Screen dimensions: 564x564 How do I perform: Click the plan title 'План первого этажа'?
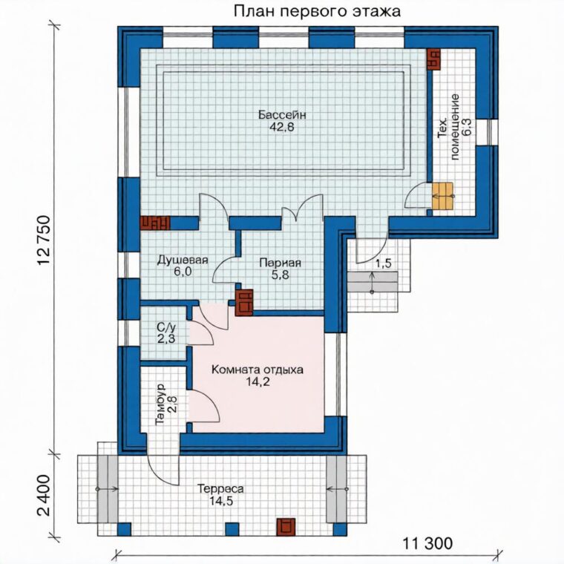[317, 12]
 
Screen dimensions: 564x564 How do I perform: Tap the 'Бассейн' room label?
[282, 115]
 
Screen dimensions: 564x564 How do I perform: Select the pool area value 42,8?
[282, 127]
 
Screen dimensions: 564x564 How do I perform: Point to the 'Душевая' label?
[183, 260]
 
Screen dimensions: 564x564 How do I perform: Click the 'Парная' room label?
[281, 263]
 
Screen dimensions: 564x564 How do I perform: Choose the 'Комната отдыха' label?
[258, 370]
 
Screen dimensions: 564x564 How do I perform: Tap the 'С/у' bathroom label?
[165, 327]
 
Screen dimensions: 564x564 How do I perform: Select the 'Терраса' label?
[220, 489]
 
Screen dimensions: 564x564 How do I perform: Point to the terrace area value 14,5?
[221, 501]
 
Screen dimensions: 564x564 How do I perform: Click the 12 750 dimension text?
[45, 240]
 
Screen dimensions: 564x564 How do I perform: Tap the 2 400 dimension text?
[45, 495]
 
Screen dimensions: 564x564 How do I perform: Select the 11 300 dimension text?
[427, 543]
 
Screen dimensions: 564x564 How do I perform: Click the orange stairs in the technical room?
[443, 196]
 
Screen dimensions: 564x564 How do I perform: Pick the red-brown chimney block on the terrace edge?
[286, 527]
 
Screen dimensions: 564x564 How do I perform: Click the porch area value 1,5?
[383, 263]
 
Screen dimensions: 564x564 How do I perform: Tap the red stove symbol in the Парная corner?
[244, 303]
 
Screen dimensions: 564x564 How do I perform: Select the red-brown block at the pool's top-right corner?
[434, 59]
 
